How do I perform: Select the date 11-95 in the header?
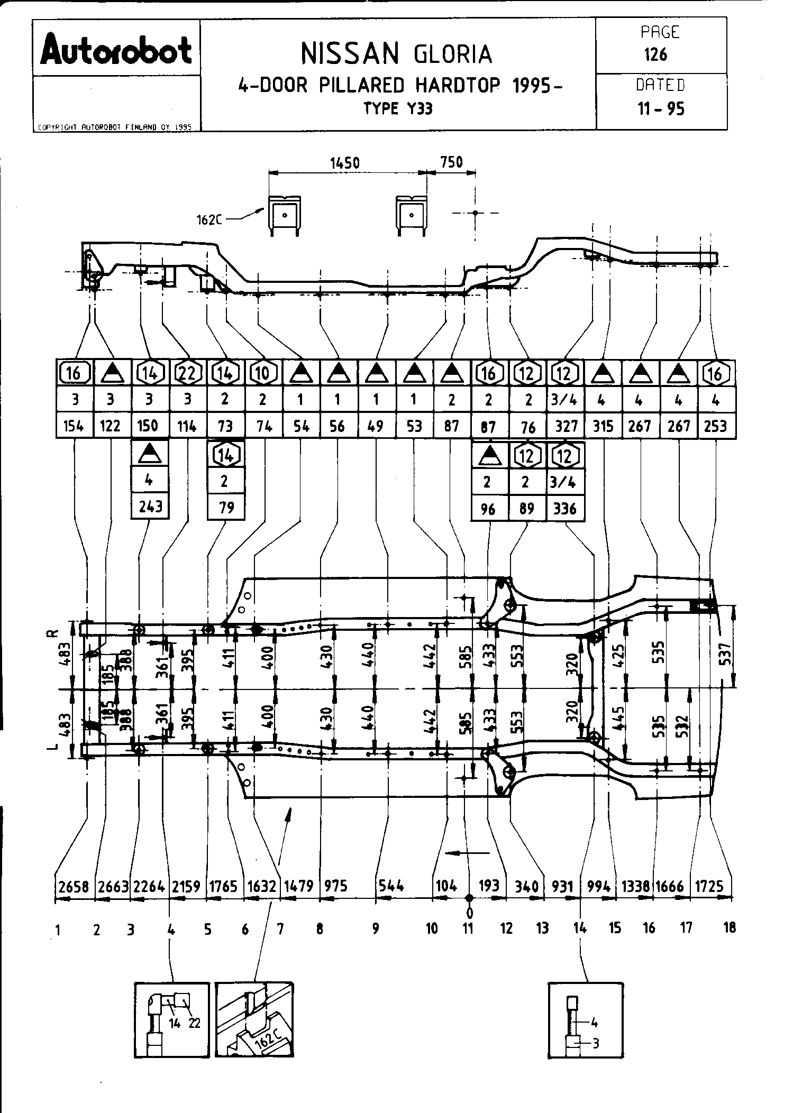tap(661, 109)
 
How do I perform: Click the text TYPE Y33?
tap(397, 109)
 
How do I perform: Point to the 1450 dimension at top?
tap(345, 162)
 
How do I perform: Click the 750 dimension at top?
tap(451, 162)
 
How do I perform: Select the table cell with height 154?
tap(74, 426)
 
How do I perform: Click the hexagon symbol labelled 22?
tap(188, 373)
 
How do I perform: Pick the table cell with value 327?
tap(566, 426)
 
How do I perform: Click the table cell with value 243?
tap(150, 507)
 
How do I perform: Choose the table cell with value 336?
tap(564, 508)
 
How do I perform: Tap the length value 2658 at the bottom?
tap(74, 886)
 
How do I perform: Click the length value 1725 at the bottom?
tap(709, 886)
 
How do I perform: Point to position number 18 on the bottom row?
tap(729, 927)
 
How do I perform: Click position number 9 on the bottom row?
tap(375, 928)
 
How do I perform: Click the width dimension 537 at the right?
tap(726, 654)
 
